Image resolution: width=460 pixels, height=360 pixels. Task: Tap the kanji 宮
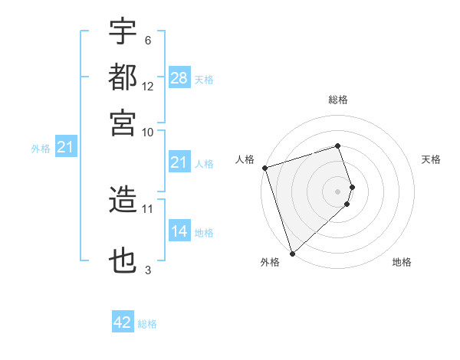(x=123, y=123)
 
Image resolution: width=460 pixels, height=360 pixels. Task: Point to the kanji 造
(x=123, y=200)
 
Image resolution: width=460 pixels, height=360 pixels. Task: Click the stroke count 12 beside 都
(x=148, y=87)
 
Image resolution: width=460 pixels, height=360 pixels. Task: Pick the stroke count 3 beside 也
(x=148, y=270)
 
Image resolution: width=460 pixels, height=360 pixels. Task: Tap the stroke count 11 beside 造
(x=148, y=208)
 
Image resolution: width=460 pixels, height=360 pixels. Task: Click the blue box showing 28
(x=179, y=78)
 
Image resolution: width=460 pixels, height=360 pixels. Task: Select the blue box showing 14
(x=179, y=231)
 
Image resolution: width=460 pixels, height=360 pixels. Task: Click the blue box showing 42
(x=123, y=322)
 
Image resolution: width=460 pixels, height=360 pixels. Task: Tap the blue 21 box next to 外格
(x=64, y=148)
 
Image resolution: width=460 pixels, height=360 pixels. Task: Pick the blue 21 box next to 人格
(x=179, y=162)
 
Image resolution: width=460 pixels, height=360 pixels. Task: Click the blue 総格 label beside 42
(x=147, y=324)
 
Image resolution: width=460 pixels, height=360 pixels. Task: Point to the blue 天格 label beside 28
(x=203, y=80)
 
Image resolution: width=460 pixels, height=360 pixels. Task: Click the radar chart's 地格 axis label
(x=402, y=263)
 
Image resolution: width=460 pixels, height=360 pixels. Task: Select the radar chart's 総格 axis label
(x=337, y=100)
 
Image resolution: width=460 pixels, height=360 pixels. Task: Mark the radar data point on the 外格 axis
(x=292, y=254)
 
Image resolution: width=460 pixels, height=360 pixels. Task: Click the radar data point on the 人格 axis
(x=264, y=168)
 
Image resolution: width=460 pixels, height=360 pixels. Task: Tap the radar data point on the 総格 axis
(x=337, y=146)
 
